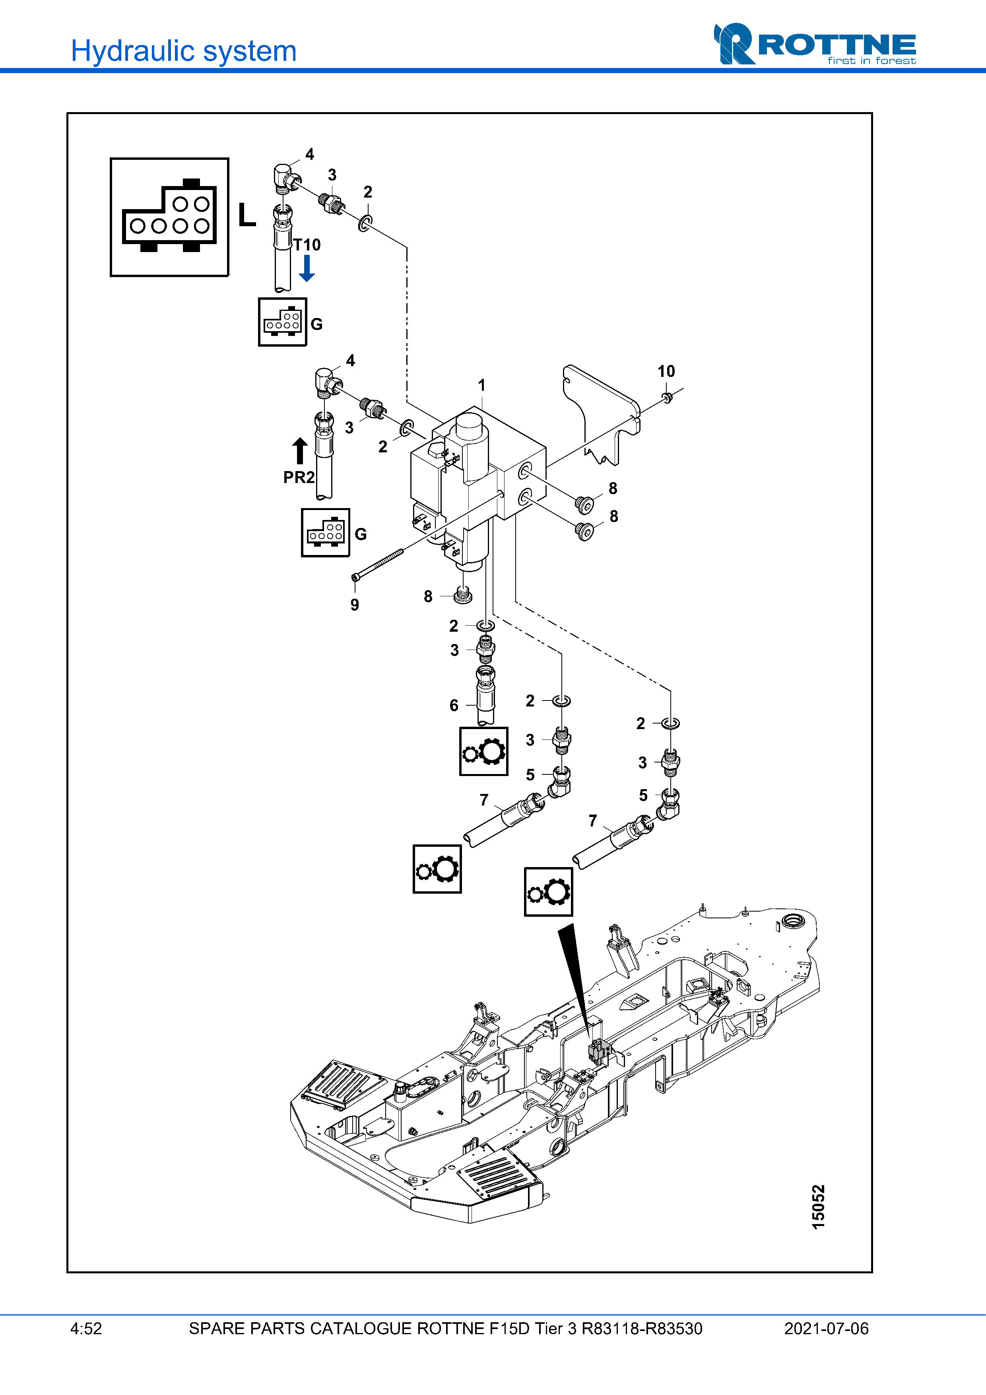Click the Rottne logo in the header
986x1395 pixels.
(814, 45)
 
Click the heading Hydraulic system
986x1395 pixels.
(183, 51)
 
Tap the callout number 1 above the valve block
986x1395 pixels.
(482, 385)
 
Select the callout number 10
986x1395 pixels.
(666, 371)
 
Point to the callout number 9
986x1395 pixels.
(355, 605)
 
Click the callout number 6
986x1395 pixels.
(454, 705)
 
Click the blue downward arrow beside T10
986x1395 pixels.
(307, 268)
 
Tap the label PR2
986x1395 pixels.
(299, 477)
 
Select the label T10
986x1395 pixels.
(307, 245)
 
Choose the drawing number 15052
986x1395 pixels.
(818, 1207)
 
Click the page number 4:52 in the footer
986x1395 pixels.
(86, 1329)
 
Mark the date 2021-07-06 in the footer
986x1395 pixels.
(826, 1329)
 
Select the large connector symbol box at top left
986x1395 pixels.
(169, 217)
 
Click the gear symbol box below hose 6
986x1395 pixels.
(483, 752)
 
